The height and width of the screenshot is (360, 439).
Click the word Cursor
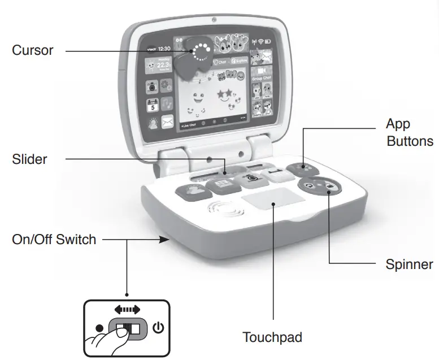[33, 50]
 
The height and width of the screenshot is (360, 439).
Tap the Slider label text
[29, 159]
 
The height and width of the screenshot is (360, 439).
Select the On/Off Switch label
[54, 240]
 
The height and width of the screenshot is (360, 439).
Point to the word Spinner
[410, 264]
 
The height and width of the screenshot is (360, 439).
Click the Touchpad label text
[272, 337]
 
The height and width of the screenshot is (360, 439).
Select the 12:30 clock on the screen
[164, 49]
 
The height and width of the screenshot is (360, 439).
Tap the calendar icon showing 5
[152, 105]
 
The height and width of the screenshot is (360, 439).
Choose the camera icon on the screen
[151, 86]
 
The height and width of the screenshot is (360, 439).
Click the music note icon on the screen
[168, 104]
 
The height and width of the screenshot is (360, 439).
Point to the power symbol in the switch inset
[156, 328]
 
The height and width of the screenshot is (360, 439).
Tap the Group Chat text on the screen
[261, 77]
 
